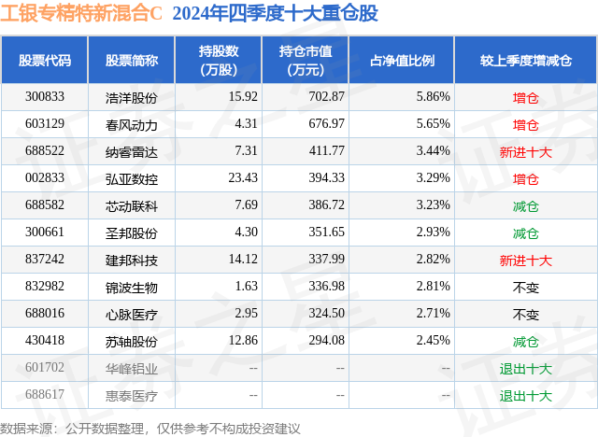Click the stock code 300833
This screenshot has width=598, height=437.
45,97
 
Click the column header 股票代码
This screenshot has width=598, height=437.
45,61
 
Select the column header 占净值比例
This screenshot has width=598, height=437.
408,61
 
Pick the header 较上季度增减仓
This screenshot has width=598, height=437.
525,61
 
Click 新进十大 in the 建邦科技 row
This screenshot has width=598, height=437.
525,260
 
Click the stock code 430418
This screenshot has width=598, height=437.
45,341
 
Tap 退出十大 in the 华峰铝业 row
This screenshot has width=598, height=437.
525,368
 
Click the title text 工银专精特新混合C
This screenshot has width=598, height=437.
81,14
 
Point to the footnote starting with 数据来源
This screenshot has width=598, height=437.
150,428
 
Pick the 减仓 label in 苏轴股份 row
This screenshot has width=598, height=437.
525,341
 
